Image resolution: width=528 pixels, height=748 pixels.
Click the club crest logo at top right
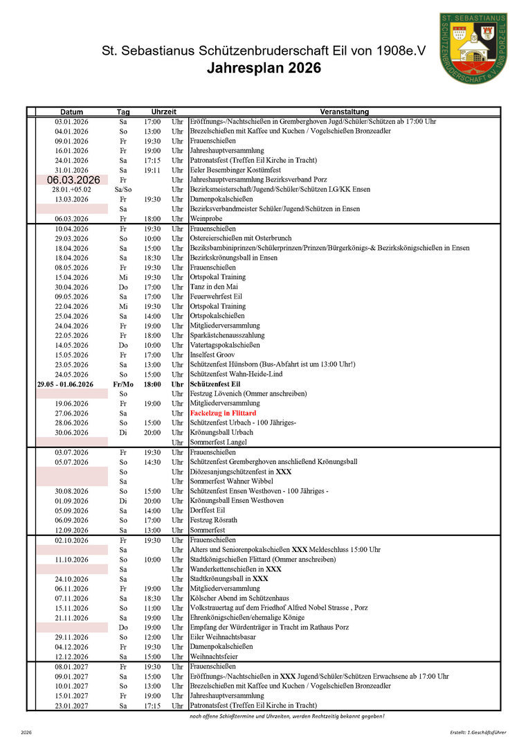[x=473, y=47]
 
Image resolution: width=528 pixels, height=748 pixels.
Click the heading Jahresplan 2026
[x=264, y=68]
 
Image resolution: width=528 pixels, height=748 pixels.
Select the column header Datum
[x=71, y=112]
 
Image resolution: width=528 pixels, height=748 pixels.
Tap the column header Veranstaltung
[x=344, y=112]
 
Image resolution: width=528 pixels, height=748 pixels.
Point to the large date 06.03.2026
[x=74, y=180]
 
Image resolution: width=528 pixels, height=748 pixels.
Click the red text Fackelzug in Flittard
[x=230, y=413]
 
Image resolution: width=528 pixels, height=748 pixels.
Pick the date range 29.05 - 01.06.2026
[x=71, y=384]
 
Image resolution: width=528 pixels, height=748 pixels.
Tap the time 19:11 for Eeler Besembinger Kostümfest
[x=152, y=170]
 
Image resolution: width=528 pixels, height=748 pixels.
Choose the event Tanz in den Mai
[x=214, y=287]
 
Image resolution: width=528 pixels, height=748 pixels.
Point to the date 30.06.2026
[x=71, y=432]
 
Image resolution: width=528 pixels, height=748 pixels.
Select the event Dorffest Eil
[x=208, y=510]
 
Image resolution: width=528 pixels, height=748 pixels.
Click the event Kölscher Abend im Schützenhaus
[x=239, y=598]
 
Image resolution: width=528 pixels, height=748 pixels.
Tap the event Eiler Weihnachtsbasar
[x=223, y=636]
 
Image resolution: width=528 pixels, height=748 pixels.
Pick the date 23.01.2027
[x=71, y=706]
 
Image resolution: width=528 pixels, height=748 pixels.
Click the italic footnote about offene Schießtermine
[x=286, y=715]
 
